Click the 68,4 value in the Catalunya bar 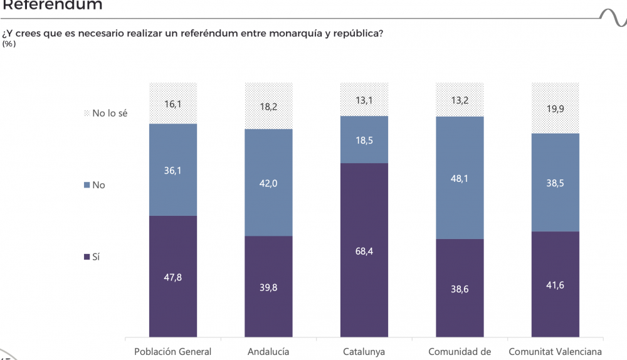coord(364,251)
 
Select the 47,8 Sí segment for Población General coord(173,277)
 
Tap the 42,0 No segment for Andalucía coord(268,183)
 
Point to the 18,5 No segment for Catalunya coord(364,140)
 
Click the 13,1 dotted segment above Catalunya coord(364,99)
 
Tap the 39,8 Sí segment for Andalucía coord(268,287)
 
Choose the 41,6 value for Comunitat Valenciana coord(555,285)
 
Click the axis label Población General coord(173,352)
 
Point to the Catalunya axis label coord(364,352)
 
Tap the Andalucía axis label coord(268,352)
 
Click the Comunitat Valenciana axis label coord(555,352)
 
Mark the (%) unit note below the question coord(9,44)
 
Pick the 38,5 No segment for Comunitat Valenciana coord(555,183)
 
